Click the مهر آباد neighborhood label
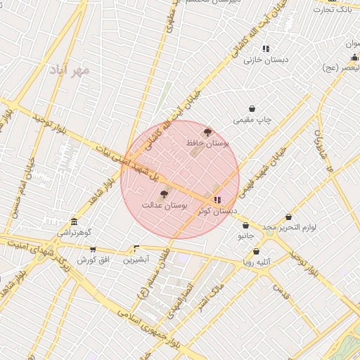pos(71,70)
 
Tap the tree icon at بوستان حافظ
pos(207,131)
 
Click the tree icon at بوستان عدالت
pos(165,194)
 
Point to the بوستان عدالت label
pos(165,205)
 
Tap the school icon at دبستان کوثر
pos(217,200)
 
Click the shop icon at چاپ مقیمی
pos(252,108)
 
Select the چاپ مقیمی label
pos(252,120)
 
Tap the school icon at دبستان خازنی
pos(266,49)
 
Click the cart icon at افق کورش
pos(93,250)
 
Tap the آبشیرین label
pos(136,259)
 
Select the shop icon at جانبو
pos(245,226)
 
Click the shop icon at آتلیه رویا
pos(256,251)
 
